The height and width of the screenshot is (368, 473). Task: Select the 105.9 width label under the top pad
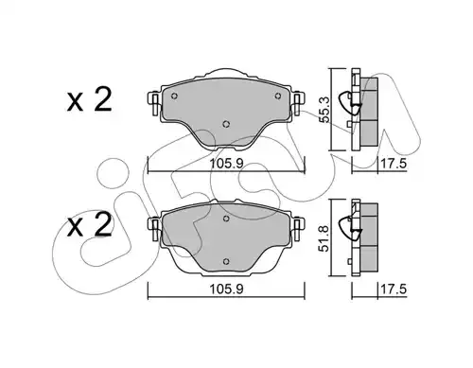click(x=227, y=164)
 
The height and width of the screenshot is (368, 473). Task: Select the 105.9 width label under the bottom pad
click(x=227, y=289)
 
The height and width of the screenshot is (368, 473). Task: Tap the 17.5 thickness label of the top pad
click(x=394, y=164)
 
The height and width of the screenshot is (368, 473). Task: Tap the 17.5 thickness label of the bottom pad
click(x=394, y=289)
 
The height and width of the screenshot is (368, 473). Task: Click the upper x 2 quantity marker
click(x=89, y=99)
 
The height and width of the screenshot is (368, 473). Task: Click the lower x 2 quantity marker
click(x=89, y=224)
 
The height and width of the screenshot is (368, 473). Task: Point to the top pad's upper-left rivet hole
click(x=174, y=96)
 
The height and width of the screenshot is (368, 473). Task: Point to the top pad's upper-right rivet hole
click(x=278, y=96)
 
